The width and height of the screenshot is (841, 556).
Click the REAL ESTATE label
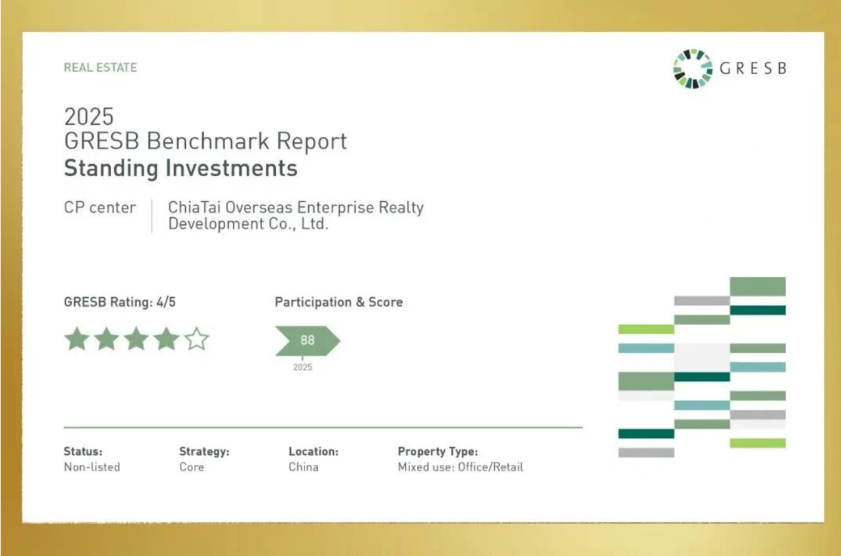tap(100, 67)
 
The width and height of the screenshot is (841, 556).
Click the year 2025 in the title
tap(89, 117)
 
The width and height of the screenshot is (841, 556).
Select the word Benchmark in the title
tap(208, 141)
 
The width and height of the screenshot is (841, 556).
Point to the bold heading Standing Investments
tap(181, 168)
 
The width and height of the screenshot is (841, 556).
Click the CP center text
tap(100, 207)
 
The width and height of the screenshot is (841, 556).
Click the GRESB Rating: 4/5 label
tap(120, 302)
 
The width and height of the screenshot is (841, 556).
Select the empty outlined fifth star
tap(197, 339)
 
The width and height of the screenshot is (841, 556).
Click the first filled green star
tap(77, 339)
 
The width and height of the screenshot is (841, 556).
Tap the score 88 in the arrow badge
tap(308, 340)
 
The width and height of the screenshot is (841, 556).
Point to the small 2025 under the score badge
tap(303, 367)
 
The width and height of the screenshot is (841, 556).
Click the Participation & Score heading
tap(339, 302)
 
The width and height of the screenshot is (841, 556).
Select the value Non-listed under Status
tap(92, 467)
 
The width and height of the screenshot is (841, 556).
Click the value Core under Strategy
tap(192, 467)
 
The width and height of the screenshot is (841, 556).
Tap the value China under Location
tap(304, 467)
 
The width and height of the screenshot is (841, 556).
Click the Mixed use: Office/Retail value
tap(460, 467)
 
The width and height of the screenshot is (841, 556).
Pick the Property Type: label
tap(438, 451)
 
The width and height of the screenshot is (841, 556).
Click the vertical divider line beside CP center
tap(152, 217)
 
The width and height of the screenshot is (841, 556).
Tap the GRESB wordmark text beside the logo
tap(753, 69)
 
